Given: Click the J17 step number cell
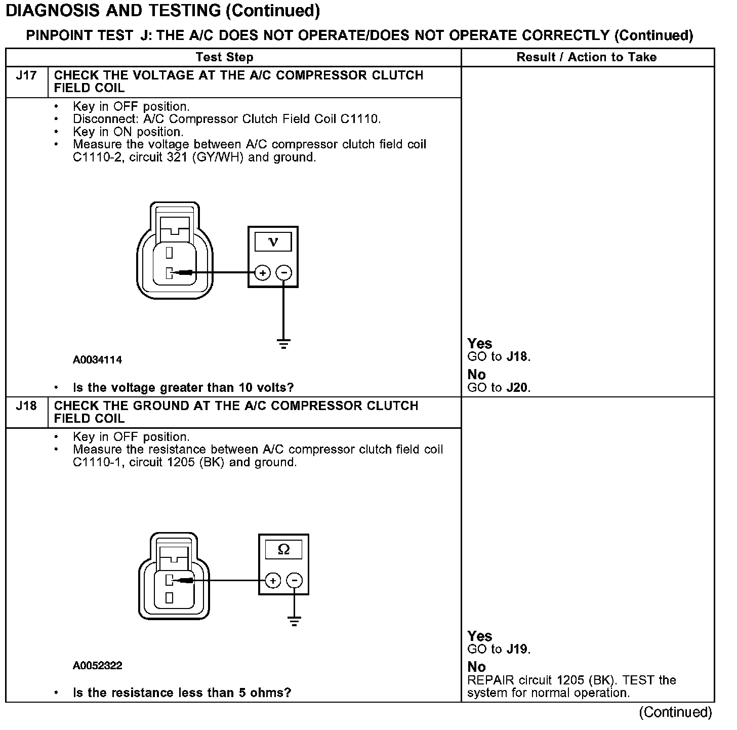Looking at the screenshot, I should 26,76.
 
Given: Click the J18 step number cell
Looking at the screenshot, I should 26,406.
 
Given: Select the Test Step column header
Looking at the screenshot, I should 224,57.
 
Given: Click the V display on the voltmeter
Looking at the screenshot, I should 273,242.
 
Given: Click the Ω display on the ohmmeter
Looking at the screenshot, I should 283,549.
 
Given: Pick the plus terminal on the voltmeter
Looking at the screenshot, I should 262,273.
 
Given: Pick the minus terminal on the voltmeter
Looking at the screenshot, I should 283,273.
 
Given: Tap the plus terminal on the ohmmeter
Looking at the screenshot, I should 273,580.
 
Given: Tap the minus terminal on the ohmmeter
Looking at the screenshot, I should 294,580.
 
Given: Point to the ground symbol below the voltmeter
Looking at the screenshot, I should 283,344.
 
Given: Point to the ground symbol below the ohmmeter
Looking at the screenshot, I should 294,621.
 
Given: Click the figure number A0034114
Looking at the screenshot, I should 98,360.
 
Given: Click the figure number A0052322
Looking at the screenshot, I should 98,665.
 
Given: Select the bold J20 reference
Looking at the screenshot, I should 518,388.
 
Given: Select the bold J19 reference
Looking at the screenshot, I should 518,649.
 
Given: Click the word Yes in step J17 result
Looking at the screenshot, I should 480,344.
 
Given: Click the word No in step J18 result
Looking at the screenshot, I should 476,667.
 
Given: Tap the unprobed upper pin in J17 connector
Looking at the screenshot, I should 170,252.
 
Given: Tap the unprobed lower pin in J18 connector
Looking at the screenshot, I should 170,598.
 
